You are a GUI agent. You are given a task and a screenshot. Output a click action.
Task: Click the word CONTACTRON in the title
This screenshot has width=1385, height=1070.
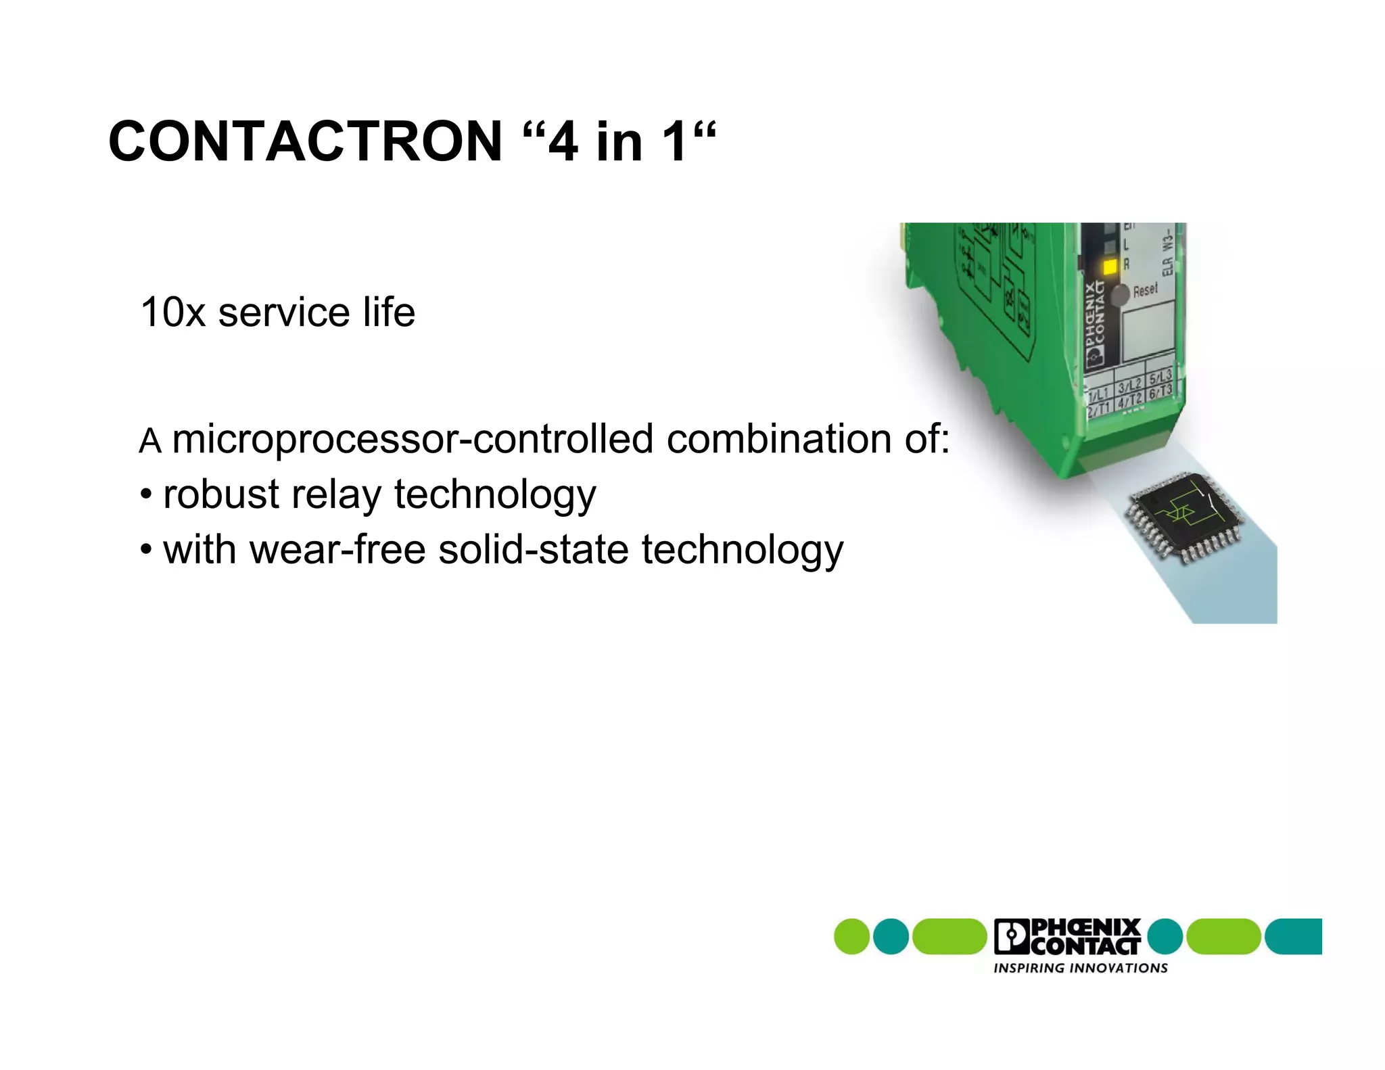[305, 141]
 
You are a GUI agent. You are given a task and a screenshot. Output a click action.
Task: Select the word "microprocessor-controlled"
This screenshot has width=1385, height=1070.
[413, 440]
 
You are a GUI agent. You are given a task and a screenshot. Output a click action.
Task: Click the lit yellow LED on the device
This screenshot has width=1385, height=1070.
[1110, 267]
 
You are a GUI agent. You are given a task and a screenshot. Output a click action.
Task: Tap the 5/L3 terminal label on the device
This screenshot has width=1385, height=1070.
[1160, 377]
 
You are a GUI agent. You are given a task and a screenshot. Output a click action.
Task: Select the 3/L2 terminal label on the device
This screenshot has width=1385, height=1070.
[1130, 386]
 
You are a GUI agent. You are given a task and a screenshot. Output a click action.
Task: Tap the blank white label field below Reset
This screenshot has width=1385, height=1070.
[1148, 329]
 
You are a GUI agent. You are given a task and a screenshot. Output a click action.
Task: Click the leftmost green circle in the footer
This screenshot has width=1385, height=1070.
[851, 937]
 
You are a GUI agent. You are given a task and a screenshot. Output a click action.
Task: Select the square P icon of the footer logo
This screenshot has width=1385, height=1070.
[1011, 937]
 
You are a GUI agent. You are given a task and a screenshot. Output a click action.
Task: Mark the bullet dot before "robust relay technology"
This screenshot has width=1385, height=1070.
[146, 495]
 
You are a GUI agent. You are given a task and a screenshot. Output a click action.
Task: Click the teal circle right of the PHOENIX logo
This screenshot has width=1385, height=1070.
[1165, 937]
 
